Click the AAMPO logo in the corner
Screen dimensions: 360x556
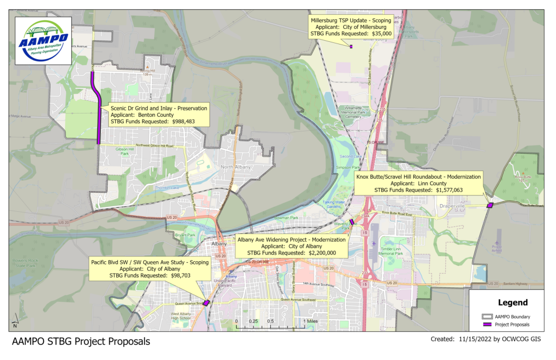coord(42,40)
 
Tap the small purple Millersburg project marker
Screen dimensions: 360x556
coord(351,47)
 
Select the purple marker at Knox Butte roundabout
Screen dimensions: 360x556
coord(490,205)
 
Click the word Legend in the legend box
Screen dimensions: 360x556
coord(512,302)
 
